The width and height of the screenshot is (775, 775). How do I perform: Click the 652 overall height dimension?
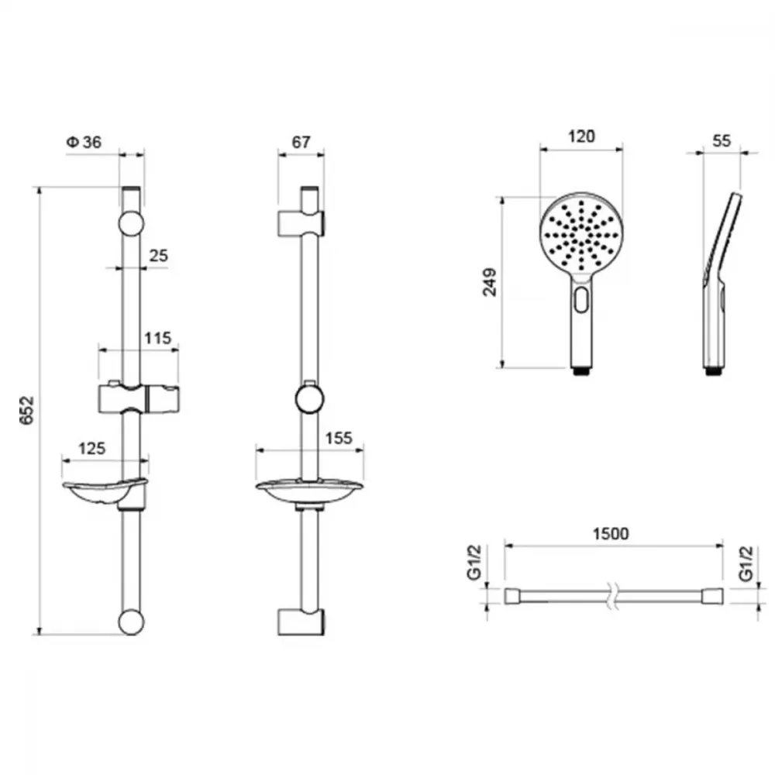27,410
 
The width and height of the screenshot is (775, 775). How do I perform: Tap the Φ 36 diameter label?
84,143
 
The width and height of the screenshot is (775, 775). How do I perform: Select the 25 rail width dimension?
158,256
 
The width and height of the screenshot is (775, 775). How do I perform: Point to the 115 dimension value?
157,338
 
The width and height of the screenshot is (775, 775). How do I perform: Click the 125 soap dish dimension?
92,448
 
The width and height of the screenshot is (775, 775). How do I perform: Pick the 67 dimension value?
301,143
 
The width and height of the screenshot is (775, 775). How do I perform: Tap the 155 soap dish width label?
339,438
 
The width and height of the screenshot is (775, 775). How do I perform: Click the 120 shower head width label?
581,136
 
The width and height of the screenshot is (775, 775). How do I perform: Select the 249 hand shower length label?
490,282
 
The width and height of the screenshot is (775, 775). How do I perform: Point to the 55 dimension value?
721,140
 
